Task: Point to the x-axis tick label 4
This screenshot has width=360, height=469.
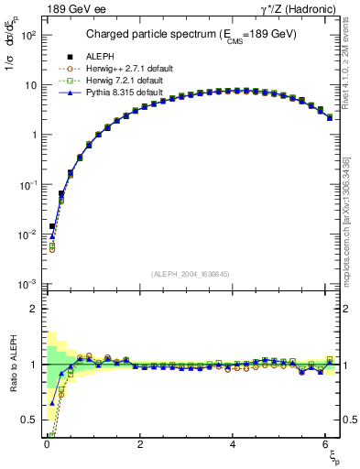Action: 235,444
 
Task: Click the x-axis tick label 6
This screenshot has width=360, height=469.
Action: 328,444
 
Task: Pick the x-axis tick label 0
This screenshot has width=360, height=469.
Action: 47,444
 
